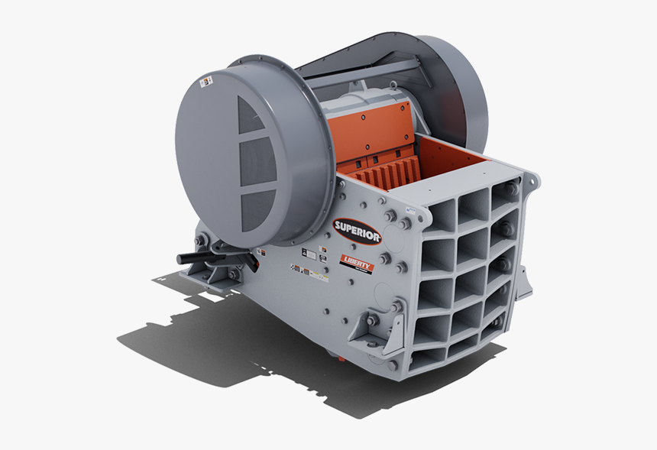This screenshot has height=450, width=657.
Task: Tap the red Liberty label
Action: click(x=357, y=263)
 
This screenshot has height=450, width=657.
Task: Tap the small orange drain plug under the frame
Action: click(x=330, y=353)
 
